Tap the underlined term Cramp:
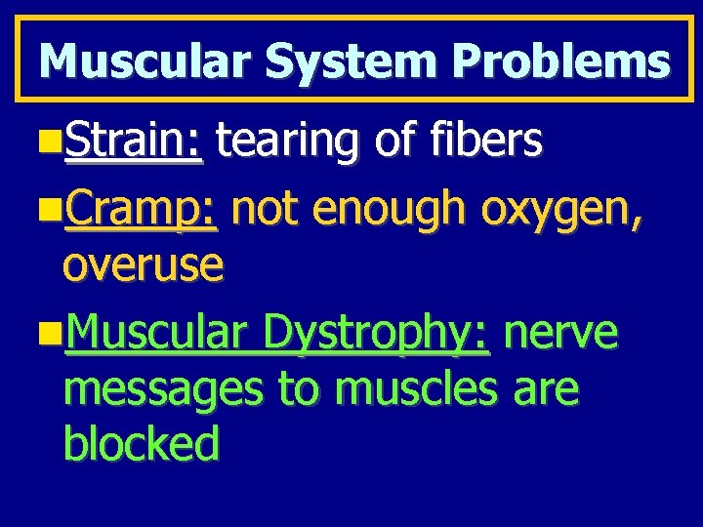click(x=145, y=208)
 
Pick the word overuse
click(x=144, y=265)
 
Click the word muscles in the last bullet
click(x=423, y=388)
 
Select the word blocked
click(x=141, y=445)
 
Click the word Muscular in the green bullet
click(x=153, y=334)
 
